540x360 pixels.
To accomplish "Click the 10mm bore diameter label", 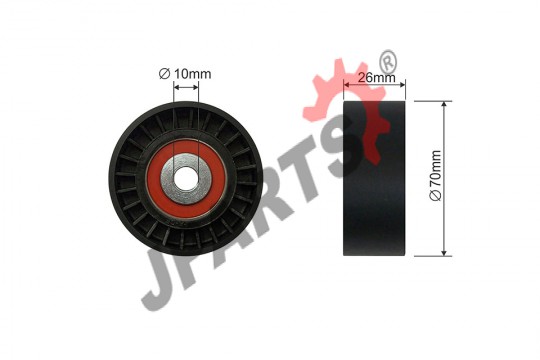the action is pos(185,74).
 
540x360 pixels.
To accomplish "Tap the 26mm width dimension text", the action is pos(376,78).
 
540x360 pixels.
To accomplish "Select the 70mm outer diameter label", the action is pos(435,175).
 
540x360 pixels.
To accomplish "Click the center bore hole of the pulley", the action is pos(186,178).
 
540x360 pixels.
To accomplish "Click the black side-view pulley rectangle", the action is pos(374,178).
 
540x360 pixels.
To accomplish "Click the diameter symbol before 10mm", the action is pos(164,74).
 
